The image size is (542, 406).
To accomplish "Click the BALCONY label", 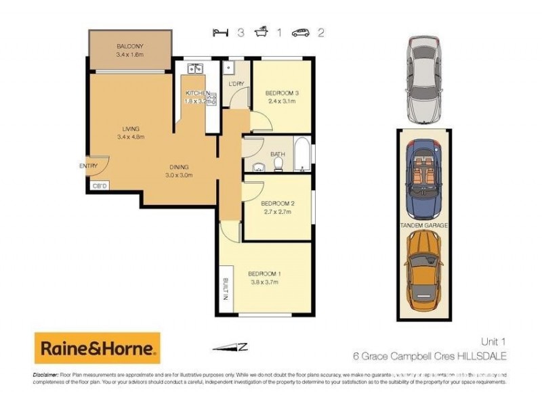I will pyautogui.click(x=129, y=45).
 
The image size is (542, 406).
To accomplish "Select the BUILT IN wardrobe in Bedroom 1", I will pyautogui.click(x=224, y=290).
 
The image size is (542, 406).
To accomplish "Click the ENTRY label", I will pyautogui.click(x=88, y=166).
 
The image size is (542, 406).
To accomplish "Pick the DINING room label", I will pyautogui.click(x=179, y=167).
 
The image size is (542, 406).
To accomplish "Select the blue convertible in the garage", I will pyautogui.click(x=423, y=177).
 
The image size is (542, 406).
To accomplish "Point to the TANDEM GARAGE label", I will pyautogui.click(x=423, y=225).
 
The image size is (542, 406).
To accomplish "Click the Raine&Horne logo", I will pyautogui.click(x=97, y=348).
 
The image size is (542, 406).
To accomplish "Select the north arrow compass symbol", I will pyautogui.click(x=230, y=347).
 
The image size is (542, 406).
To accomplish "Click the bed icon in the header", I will pyautogui.click(x=218, y=32).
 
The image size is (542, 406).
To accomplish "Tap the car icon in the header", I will pyautogui.click(x=300, y=32).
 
